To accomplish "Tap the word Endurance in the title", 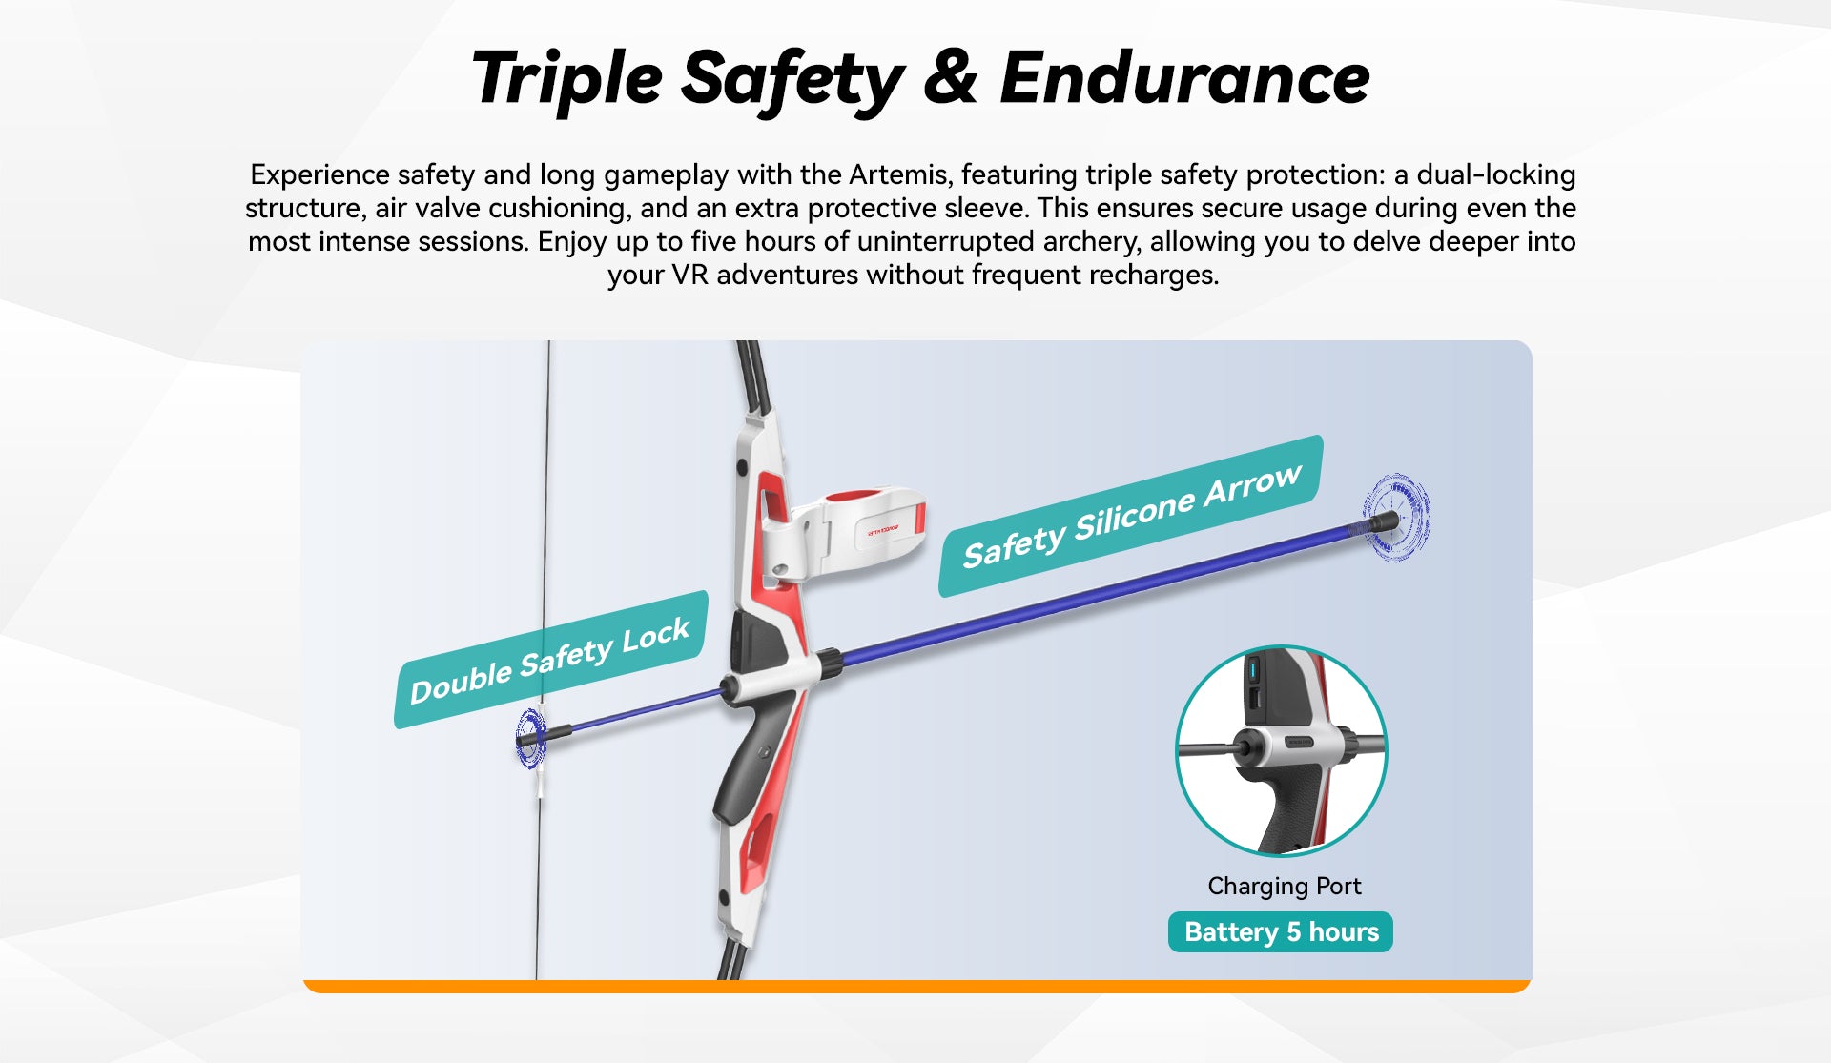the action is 1184,78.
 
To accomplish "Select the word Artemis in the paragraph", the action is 899,174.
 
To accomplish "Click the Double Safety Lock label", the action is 550,660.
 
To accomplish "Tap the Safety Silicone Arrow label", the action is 1131,517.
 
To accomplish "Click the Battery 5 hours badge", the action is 1281,931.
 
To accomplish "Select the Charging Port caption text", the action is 1285,887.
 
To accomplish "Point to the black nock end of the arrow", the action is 530,739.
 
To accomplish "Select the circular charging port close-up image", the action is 1281,750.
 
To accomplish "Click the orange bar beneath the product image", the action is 916,987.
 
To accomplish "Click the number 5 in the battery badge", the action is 1293,931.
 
